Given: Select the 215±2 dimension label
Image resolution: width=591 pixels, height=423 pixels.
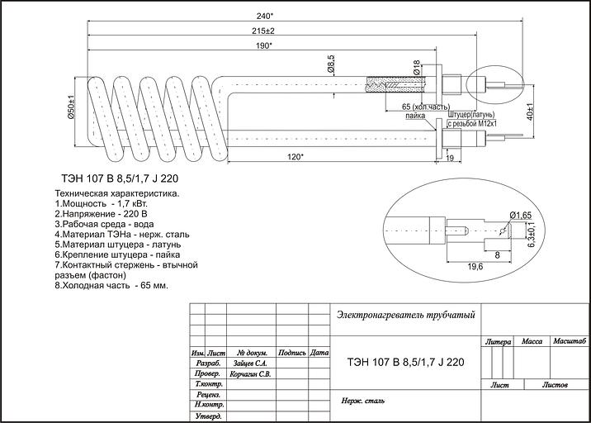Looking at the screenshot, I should (263, 31).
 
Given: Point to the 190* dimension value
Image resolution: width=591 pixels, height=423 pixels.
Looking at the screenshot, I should (263, 46).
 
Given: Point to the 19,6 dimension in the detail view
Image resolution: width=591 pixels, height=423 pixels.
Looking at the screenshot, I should (475, 266).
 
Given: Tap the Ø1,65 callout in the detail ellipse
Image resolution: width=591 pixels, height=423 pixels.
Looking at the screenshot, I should (520, 215).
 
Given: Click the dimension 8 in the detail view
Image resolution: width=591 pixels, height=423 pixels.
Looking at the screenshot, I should (496, 256).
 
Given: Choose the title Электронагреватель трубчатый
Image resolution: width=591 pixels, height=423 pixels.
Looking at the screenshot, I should (406, 315).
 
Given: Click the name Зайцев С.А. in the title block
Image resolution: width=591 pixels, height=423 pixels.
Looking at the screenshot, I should (250, 362).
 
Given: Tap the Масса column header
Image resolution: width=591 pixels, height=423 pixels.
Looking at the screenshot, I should (532, 340).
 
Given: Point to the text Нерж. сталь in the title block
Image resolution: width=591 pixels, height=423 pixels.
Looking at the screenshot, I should (363, 402).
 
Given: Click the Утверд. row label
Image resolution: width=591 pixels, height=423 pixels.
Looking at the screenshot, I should (209, 416).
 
